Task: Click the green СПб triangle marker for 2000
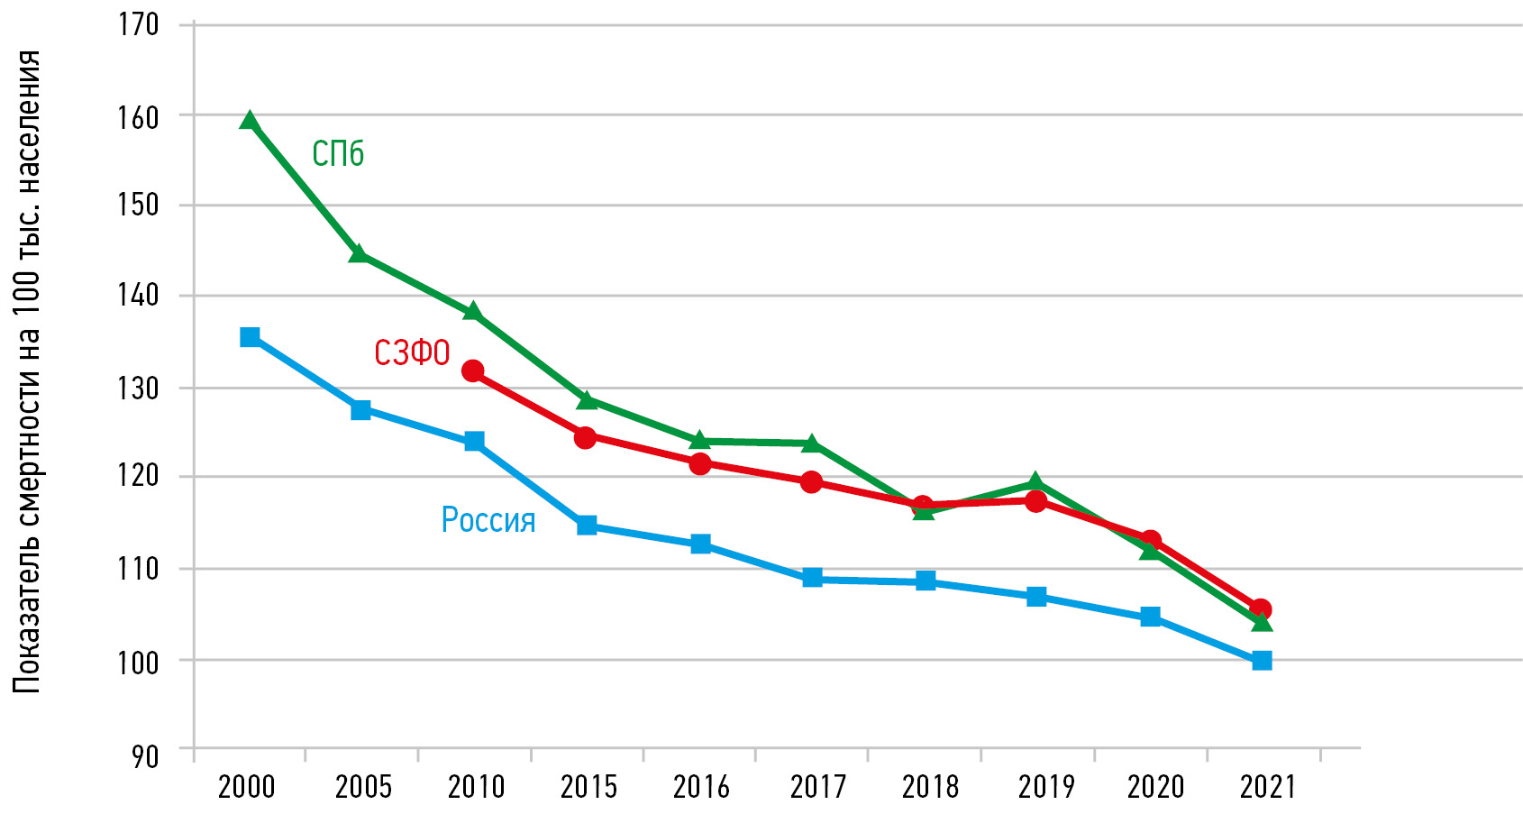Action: (x=250, y=121)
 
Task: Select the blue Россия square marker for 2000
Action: (x=250, y=337)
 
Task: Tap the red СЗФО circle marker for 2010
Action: (x=473, y=370)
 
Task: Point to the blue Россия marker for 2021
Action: (x=1262, y=661)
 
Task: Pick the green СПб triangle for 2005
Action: (x=359, y=253)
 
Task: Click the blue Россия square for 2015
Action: (x=587, y=525)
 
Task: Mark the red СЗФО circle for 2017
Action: (x=811, y=482)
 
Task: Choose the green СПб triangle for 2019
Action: (x=1035, y=482)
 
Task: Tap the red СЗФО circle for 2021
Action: (x=1261, y=609)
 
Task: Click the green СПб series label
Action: (x=338, y=154)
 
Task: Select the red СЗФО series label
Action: (x=412, y=352)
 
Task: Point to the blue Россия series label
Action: (x=488, y=520)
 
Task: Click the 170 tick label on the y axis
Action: (x=139, y=24)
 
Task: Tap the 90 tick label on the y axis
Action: (x=145, y=756)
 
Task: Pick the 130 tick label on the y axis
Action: (x=139, y=389)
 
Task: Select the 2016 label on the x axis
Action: (x=701, y=787)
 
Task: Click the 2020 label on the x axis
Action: (x=1155, y=787)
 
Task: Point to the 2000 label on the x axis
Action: (x=246, y=787)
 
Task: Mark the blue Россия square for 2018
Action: (x=926, y=581)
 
